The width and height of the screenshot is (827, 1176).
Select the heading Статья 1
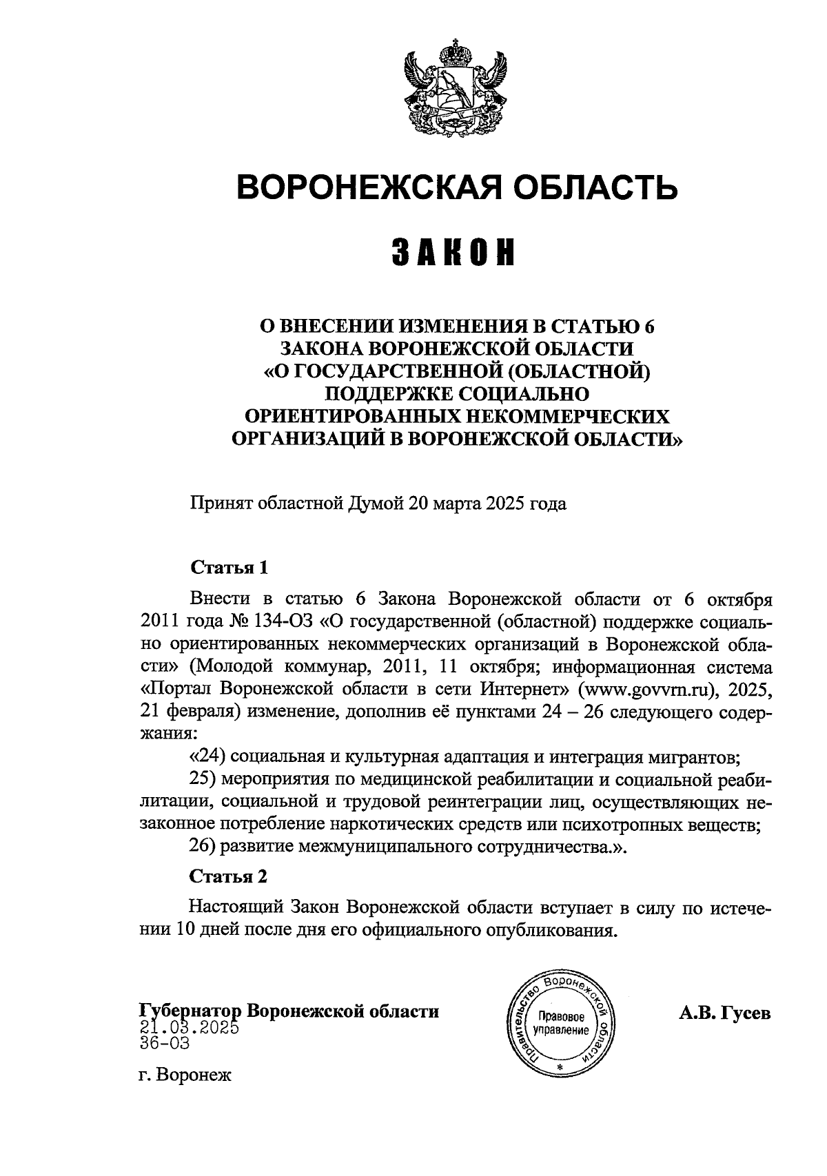pos(228,569)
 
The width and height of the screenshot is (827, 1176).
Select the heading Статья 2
pos(228,877)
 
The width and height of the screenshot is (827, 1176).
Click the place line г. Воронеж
pos(185,1075)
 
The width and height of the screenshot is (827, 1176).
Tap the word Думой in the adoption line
pos(376,504)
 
